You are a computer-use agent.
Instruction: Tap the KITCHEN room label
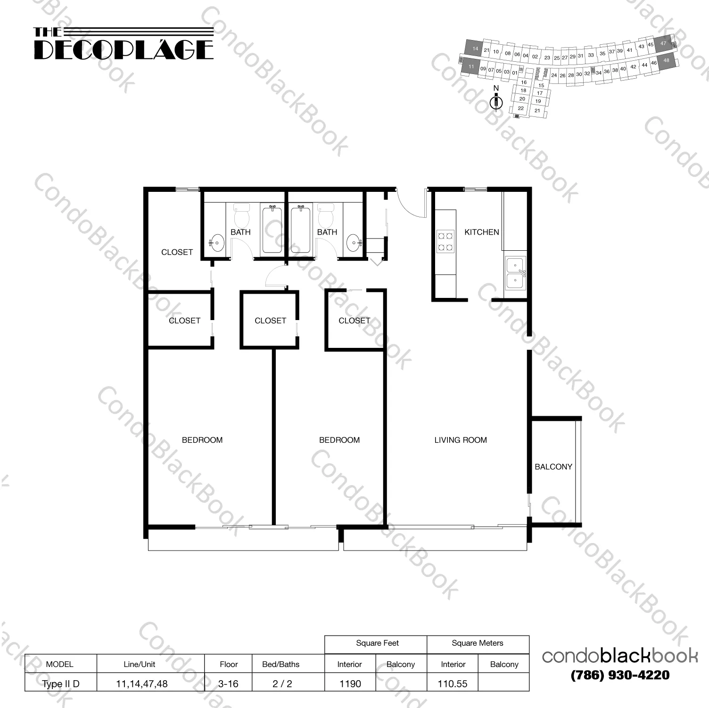click(481, 232)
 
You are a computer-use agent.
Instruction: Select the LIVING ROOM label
click(460, 440)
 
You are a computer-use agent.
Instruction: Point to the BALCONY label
click(553, 467)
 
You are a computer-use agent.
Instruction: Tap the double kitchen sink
click(515, 273)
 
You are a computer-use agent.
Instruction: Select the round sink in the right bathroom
click(354, 243)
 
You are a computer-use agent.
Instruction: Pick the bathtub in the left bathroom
click(272, 230)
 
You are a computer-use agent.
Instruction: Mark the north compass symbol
click(496, 100)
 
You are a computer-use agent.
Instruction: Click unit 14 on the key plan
click(475, 49)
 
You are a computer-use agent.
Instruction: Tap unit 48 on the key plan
click(666, 61)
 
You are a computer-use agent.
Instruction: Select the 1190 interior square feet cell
click(350, 683)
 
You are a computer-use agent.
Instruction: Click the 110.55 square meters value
click(452, 683)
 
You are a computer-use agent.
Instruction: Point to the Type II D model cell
click(60, 683)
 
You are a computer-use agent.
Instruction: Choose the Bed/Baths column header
click(280, 664)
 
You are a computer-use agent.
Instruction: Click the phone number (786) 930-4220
click(619, 675)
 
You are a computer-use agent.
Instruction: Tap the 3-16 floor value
click(228, 683)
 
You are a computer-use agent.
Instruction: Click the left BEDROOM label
click(202, 440)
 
